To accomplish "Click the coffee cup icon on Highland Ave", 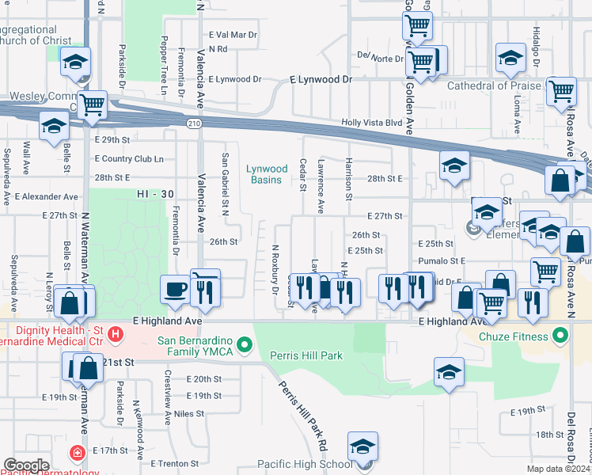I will (x=175, y=290).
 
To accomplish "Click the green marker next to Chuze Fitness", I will (x=560, y=336).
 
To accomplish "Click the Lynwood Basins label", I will (x=266, y=174).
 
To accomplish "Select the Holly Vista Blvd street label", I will (x=372, y=123).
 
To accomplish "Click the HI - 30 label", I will (x=153, y=194).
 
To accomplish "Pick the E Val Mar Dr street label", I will (x=233, y=35).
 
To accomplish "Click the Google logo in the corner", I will (x=26, y=465).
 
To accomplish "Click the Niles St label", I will (x=189, y=413).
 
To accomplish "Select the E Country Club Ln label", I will (x=128, y=158).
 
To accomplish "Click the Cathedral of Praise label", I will (x=494, y=85).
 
